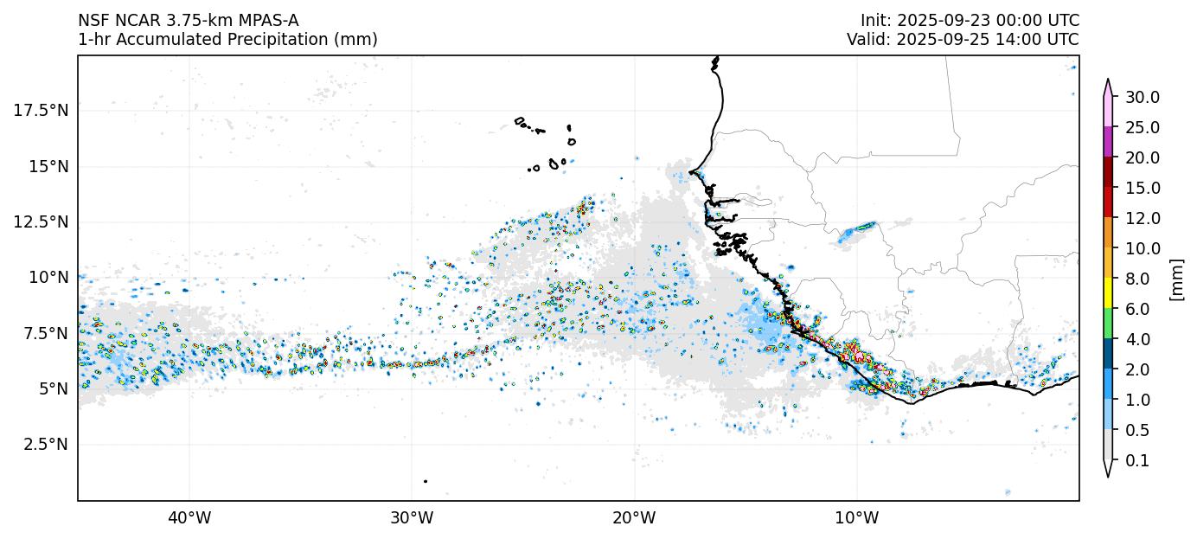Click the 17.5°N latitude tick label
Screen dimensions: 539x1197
click(41, 111)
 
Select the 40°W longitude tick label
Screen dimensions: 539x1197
click(189, 518)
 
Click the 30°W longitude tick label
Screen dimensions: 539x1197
click(412, 518)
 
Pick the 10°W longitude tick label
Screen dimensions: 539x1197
click(857, 518)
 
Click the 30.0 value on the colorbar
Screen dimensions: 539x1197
click(1142, 97)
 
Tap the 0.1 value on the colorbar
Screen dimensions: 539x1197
click(1137, 461)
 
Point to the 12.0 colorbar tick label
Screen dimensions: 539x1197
click(1142, 218)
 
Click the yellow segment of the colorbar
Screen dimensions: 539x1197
click(1108, 293)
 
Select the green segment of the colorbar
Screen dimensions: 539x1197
click(1108, 324)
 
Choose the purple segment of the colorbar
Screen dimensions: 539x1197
click(1108, 142)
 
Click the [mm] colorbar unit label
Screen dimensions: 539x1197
click(1176, 279)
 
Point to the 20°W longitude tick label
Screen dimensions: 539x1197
click(634, 518)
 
